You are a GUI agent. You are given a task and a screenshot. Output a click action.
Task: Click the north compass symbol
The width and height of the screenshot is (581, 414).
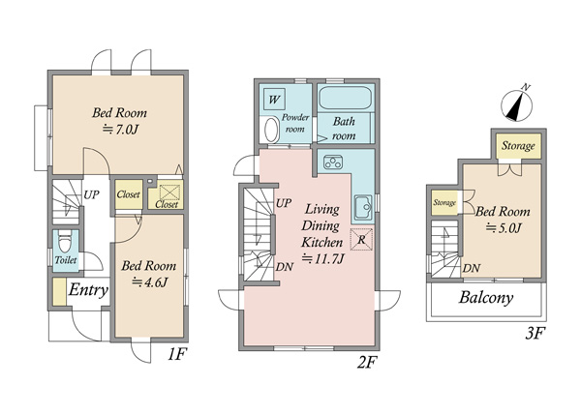click(x=516, y=104)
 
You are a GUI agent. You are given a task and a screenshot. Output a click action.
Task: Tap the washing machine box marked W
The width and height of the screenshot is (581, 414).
click(x=274, y=100)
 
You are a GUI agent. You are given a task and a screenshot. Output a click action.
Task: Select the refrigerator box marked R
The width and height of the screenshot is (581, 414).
click(x=361, y=239)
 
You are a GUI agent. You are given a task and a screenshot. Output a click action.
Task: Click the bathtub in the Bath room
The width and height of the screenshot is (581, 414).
click(x=345, y=98)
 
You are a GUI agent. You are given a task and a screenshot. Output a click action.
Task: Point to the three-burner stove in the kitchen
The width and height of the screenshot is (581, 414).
click(x=333, y=163)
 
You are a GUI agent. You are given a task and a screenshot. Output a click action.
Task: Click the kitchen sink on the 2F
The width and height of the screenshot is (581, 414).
click(x=363, y=207)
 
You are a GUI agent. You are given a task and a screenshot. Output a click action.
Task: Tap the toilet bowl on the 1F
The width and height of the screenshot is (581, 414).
click(x=66, y=241)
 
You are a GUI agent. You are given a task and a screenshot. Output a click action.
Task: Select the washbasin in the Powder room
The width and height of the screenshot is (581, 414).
click(x=271, y=130)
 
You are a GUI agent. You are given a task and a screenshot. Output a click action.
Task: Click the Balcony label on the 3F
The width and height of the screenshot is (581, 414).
click(x=486, y=298)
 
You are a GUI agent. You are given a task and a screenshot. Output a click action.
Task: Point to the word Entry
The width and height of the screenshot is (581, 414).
click(x=88, y=289)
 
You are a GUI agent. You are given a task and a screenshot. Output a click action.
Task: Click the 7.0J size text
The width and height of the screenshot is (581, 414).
click(x=120, y=130)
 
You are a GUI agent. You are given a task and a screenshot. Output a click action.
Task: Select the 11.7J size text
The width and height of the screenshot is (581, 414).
click(x=323, y=258)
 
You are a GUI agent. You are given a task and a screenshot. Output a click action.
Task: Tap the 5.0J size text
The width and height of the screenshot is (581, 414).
click(x=504, y=228)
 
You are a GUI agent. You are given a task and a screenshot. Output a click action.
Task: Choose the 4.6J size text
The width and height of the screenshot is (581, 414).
click(x=150, y=282)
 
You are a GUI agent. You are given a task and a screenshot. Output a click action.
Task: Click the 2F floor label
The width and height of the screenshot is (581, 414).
click(x=366, y=364)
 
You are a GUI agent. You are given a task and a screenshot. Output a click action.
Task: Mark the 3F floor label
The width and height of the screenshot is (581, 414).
click(x=535, y=334)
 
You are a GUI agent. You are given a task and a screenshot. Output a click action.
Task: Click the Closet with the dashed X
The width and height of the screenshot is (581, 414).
click(x=166, y=194)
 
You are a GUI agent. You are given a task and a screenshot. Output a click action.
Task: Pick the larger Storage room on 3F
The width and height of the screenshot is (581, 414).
click(x=518, y=145)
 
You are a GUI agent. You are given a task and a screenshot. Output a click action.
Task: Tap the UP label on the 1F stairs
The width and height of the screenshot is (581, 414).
click(x=92, y=194)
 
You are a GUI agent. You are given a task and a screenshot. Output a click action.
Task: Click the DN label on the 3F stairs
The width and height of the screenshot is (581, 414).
click(x=472, y=268)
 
